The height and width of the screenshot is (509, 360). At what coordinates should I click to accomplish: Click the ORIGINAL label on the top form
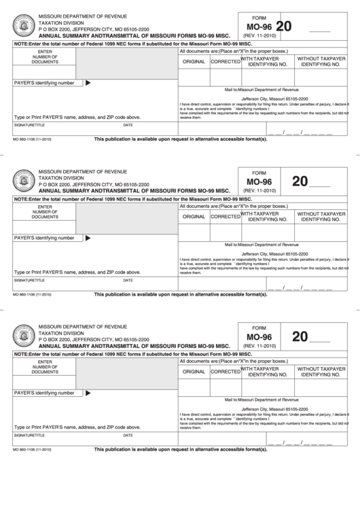click(194, 62)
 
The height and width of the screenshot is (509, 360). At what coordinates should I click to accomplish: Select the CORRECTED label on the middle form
click(225, 217)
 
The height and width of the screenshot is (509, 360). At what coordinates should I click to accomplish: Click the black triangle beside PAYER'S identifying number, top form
click(88, 83)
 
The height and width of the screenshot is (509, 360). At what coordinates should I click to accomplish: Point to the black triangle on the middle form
click(88, 238)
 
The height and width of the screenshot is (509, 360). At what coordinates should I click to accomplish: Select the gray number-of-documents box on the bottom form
click(126, 374)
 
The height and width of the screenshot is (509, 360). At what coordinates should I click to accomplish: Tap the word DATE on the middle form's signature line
click(128, 280)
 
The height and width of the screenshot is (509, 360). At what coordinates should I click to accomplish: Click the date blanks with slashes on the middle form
click(300, 289)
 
